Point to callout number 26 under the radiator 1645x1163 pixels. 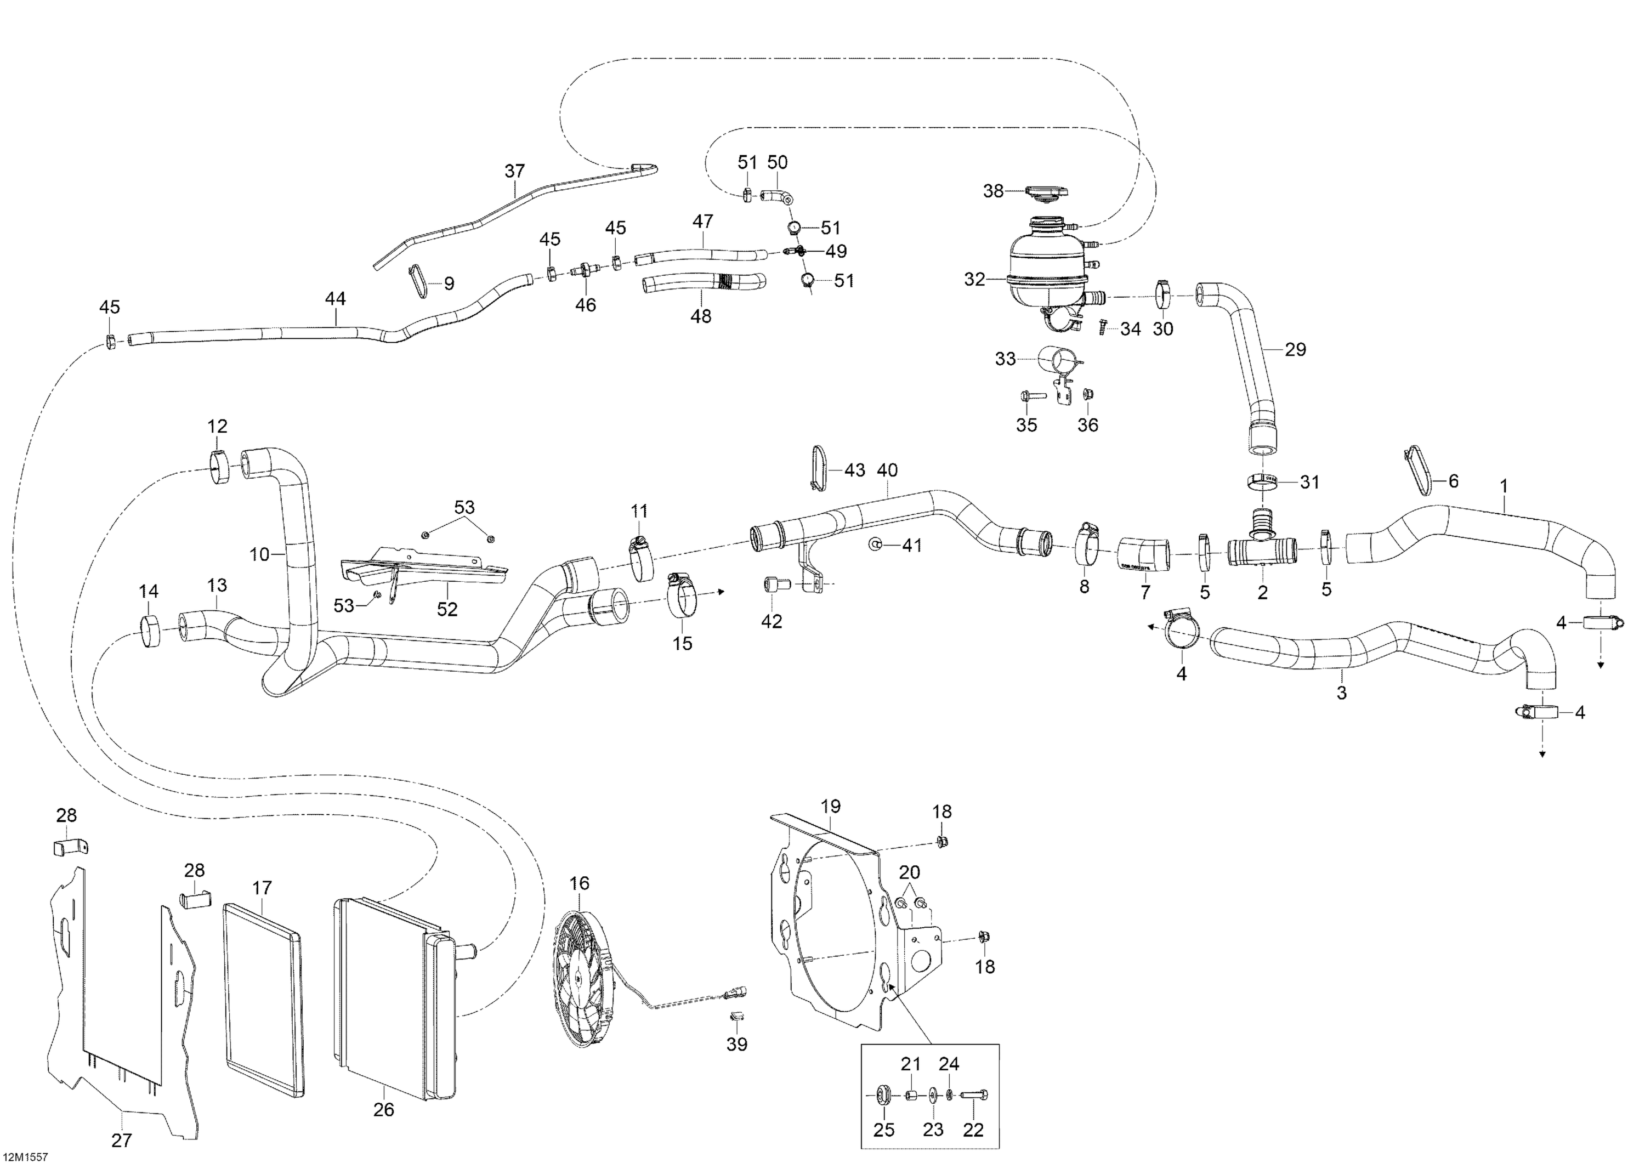coord(384,1109)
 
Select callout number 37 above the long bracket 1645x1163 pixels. coord(514,171)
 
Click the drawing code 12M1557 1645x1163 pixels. coord(25,1156)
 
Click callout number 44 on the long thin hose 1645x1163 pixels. coord(335,298)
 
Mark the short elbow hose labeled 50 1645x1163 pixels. coord(776,196)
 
